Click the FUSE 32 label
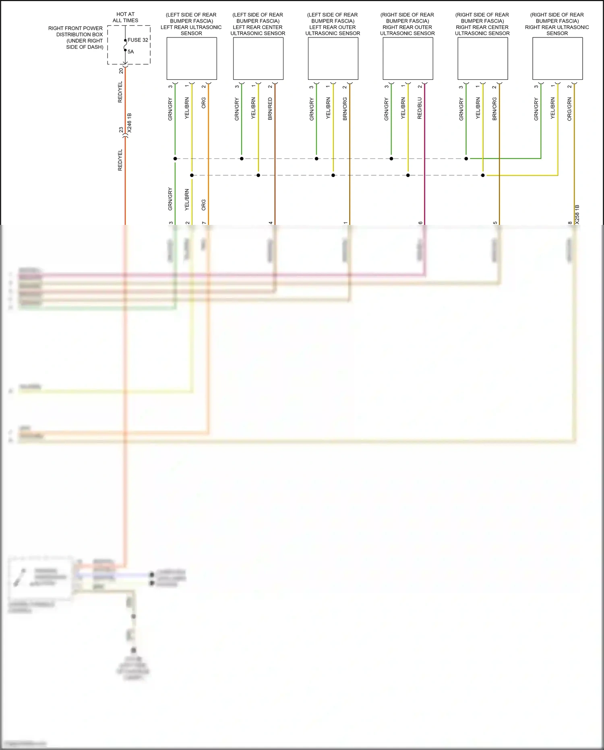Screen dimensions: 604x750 point(138,40)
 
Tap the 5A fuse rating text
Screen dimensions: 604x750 point(130,52)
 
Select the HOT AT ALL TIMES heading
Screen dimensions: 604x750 point(126,17)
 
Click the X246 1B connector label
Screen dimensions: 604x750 point(129,123)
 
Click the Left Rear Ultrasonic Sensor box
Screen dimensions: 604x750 point(192,58)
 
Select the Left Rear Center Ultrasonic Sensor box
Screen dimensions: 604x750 point(258,58)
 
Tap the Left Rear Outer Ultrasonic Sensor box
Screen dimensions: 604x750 point(333,58)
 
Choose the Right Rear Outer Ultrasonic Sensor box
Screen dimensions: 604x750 point(408,58)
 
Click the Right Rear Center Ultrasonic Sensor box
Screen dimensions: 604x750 point(482,58)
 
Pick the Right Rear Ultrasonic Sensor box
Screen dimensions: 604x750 point(557,58)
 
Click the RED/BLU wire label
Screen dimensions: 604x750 point(420,108)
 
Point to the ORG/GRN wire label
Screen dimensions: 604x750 point(569,109)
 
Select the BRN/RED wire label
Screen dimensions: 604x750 point(270,109)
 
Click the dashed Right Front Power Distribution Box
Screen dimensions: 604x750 point(129,45)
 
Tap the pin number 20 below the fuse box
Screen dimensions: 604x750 point(121,71)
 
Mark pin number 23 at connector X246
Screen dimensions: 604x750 point(121,130)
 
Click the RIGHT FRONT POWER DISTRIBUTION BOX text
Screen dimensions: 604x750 point(76,37)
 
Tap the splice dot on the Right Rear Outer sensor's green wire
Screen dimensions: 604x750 point(391,159)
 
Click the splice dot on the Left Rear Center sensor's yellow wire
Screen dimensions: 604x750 point(259,175)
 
